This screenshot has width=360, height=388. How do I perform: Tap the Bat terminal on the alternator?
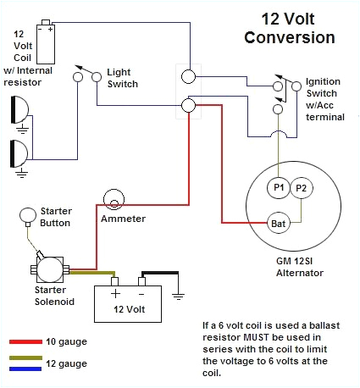tap(278, 223)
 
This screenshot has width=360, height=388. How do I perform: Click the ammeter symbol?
tap(113, 201)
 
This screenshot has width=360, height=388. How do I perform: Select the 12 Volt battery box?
tap(132, 299)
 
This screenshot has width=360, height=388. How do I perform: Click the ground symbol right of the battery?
tap(179, 297)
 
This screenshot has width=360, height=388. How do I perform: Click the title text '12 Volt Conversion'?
tap(288, 28)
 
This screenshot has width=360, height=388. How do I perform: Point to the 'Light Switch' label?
tap(122, 79)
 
